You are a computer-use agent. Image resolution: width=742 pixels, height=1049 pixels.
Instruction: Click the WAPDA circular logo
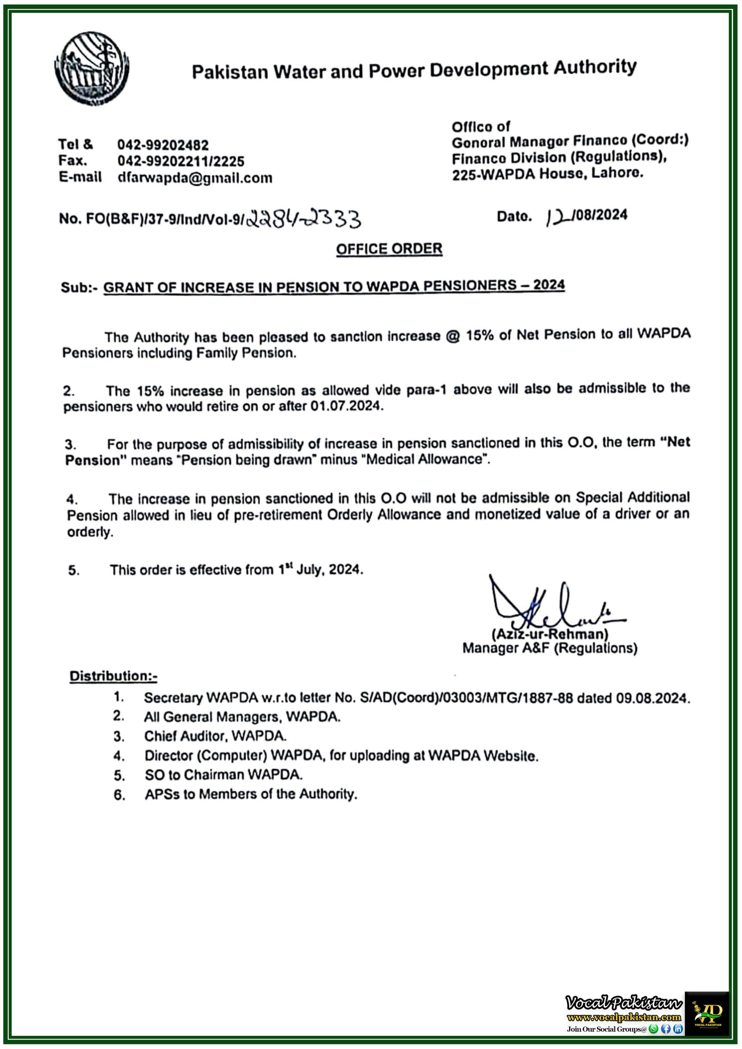pyautogui.click(x=91, y=68)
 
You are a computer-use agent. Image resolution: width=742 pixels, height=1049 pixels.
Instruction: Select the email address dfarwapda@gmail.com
pyautogui.click(x=195, y=178)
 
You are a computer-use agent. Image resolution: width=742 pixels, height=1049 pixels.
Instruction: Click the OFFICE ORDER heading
pyautogui.click(x=389, y=249)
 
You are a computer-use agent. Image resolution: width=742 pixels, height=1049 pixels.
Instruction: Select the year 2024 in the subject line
pyautogui.click(x=549, y=285)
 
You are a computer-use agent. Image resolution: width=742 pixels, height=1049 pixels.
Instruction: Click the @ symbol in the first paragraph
pyautogui.click(x=453, y=336)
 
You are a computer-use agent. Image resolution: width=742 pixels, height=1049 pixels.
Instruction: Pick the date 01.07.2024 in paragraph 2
pyautogui.click(x=345, y=405)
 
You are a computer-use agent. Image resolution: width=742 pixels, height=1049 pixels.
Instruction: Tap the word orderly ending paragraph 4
pyautogui.click(x=90, y=532)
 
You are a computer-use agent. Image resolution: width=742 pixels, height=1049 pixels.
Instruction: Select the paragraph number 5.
pyautogui.click(x=73, y=570)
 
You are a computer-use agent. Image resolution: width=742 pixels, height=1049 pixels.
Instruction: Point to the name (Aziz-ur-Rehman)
pyautogui.click(x=549, y=634)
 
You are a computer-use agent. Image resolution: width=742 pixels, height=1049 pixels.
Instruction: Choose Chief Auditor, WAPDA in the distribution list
pyautogui.click(x=215, y=736)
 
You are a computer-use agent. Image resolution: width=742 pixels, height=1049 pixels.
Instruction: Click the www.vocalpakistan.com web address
pyautogui.click(x=624, y=1017)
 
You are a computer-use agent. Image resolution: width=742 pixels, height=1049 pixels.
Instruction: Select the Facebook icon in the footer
pyautogui.click(x=666, y=1029)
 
